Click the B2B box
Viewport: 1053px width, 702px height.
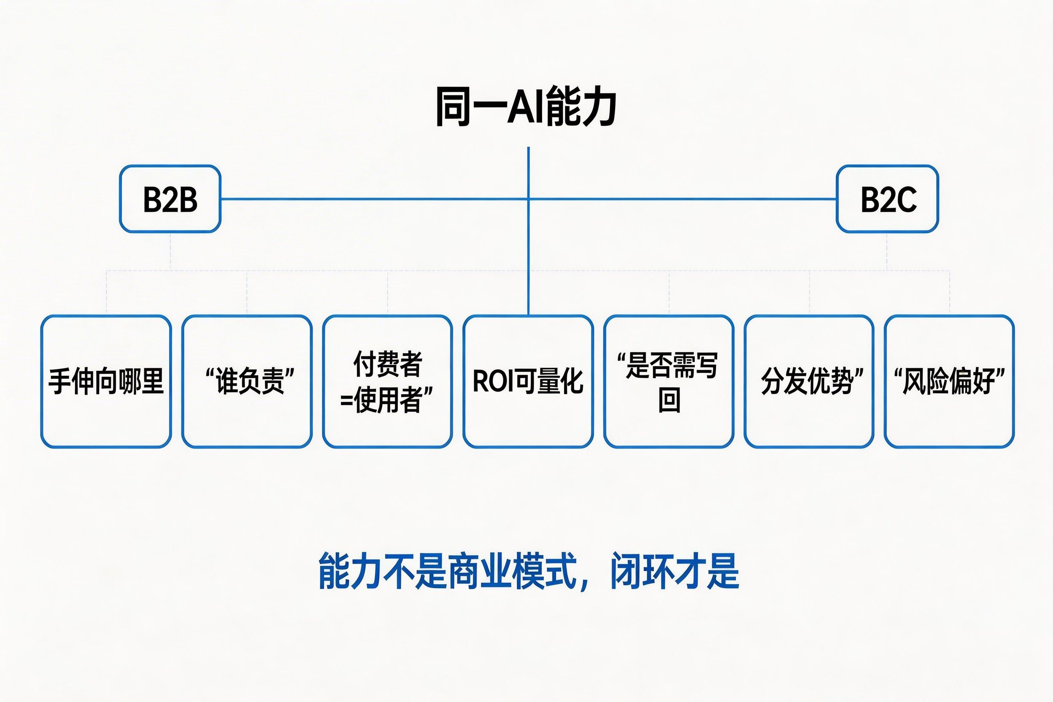pyautogui.click(x=170, y=199)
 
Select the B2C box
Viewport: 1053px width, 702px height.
pyautogui.click(x=887, y=199)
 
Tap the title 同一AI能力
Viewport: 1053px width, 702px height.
pyautogui.click(x=526, y=107)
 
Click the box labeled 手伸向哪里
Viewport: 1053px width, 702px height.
pyautogui.click(x=106, y=381)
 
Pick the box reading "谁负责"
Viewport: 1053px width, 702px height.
pyautogui.click(x=247, y=381)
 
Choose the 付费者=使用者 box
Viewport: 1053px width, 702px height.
pyautogui.click(x=388, y=381)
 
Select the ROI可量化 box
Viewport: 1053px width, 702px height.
pyautogui.click(x=528, y=381)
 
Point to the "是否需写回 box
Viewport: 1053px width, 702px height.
pyautogui.click(x=669, y=381)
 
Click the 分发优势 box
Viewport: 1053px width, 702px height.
pyautogui.click(x=810, y=381)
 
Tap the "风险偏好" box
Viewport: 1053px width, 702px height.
pyautogui.click(x=950, y=381)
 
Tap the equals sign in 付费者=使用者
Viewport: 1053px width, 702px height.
pyautogui.click(x=346, y=400)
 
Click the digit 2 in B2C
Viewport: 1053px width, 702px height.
pyautogui.click(x=887, y=200)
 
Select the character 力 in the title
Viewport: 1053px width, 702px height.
pyautogui.click(x=599, y=107)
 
